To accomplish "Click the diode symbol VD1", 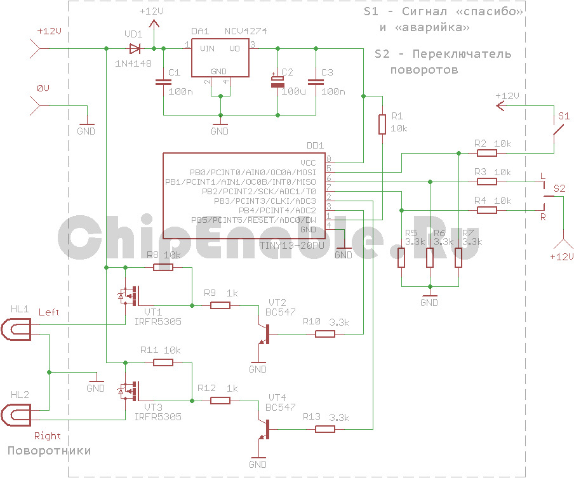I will pos(135,48).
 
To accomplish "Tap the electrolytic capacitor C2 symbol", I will pos(277,82).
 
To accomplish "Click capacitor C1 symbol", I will pos(163,82).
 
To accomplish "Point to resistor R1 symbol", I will pos(382,124).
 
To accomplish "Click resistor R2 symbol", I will pos(487,152).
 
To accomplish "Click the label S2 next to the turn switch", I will pos(559,189).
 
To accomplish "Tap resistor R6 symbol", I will pos(430,258).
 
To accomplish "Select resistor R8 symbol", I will pos(163,267).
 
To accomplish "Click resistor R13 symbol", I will pos(325,429).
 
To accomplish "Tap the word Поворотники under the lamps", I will pos(49,451).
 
